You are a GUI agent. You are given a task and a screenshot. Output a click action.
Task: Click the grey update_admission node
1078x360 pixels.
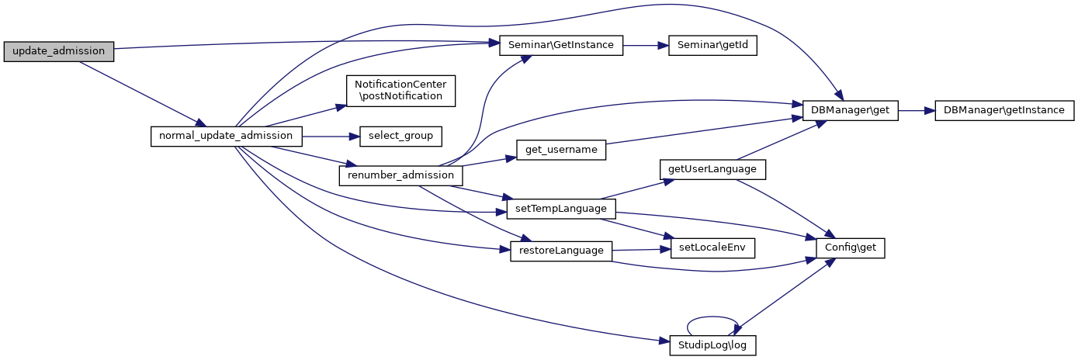click(58, 51)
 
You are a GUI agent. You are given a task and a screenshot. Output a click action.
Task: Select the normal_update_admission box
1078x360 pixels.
click(225, 136)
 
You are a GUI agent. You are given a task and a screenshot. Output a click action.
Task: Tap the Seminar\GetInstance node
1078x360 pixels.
click(560, 45)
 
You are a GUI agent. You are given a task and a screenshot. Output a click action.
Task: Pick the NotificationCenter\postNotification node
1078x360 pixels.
click(400, 90)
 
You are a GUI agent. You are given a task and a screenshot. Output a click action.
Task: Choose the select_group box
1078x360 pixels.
click(400, 136)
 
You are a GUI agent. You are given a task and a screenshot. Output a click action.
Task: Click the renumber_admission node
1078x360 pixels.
click(400, 175)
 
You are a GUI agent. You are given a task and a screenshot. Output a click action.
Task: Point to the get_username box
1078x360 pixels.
click(560, 150)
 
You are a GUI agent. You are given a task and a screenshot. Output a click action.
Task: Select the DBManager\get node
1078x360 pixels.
click(850, 111)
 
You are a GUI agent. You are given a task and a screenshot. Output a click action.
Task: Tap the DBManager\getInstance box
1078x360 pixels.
click(1004, 111)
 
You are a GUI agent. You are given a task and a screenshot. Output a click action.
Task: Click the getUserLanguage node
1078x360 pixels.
click(712, 168)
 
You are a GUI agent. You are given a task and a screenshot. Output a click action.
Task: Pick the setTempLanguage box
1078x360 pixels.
click(560, 209)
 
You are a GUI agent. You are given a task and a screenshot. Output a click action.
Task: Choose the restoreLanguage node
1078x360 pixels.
click(560, 251)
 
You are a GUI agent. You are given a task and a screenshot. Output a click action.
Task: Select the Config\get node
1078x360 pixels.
click(851, 248)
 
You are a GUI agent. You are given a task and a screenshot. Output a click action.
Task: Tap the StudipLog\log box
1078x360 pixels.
click(712, 345)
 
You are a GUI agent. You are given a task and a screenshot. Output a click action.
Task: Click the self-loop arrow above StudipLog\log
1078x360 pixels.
click(711, 317)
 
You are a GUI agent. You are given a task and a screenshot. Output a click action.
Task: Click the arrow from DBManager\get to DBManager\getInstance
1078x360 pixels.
click(916, 111)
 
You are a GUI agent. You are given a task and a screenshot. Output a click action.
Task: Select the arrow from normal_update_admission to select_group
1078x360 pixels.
click(330, 136)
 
